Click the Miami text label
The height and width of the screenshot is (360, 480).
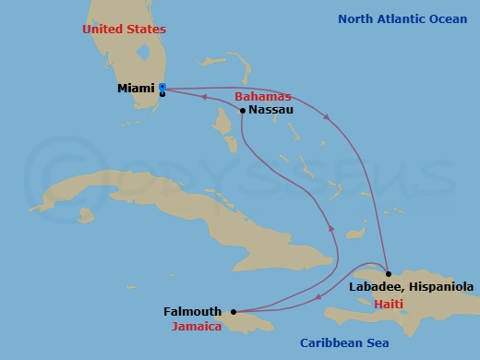[136, 89]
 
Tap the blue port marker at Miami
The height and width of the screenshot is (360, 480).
[162, 89]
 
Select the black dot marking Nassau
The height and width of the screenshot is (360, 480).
[242, 111]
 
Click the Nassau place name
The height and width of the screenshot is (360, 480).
[271, 110]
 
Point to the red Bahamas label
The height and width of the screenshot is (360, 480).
[262, 96]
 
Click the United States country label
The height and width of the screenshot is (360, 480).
[124, 30]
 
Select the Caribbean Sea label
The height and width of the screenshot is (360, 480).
[344, 343]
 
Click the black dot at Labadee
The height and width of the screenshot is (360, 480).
[388, 274]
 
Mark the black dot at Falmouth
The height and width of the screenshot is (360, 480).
[233, 311]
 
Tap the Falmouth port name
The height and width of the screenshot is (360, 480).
[192, 312]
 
